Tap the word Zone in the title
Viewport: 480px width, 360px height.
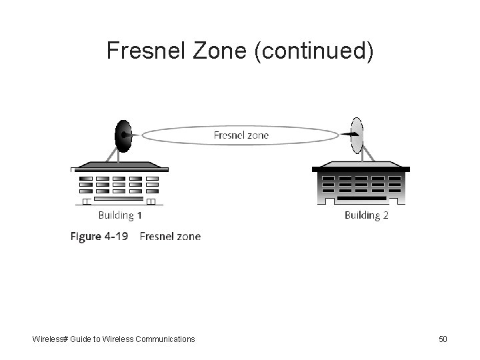(221, 51)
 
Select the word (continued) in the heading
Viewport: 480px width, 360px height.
(314, 51)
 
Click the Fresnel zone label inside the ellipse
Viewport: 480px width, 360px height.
(241, 135)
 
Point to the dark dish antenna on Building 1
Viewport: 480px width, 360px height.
(123, 136)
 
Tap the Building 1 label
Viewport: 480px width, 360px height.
(120, 215)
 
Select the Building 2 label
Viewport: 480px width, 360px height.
(367, 215)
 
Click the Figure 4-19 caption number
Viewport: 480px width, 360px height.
(100, 236)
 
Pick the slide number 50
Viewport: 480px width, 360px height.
(443, 339)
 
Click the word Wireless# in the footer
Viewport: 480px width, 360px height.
(52, 339)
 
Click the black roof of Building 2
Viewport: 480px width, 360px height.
(361, 169)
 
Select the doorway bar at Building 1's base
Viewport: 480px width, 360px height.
(119, 199)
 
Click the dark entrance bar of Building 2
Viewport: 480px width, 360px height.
(361, 199)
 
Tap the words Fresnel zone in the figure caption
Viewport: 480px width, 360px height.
(170, 236)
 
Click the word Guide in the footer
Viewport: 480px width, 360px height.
(84, 339)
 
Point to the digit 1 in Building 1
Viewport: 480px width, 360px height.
(139, 215)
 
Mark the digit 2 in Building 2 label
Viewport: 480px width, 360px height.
(385, 215)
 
